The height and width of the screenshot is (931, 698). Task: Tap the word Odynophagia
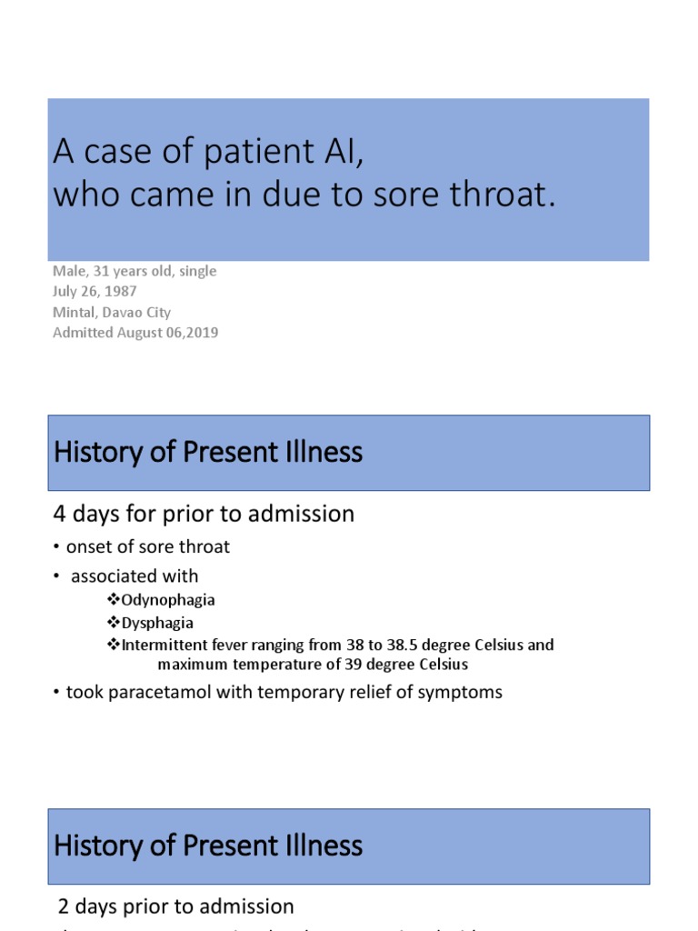168,600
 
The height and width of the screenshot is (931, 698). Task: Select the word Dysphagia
157,623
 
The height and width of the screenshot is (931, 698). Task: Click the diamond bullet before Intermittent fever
114,645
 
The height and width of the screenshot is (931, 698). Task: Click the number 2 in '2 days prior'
64,906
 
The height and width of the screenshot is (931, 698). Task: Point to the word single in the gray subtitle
198,271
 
